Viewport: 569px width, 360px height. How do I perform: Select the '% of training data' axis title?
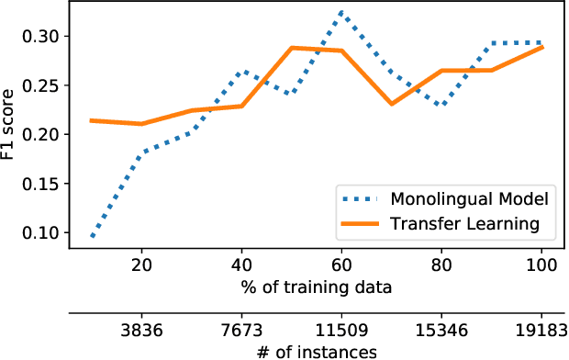(318, 287)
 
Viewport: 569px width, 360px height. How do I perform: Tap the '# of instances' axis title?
(318, 351)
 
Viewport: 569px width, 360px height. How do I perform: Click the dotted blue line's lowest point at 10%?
(92, 237)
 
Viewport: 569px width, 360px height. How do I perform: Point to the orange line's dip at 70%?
(392, 104)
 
